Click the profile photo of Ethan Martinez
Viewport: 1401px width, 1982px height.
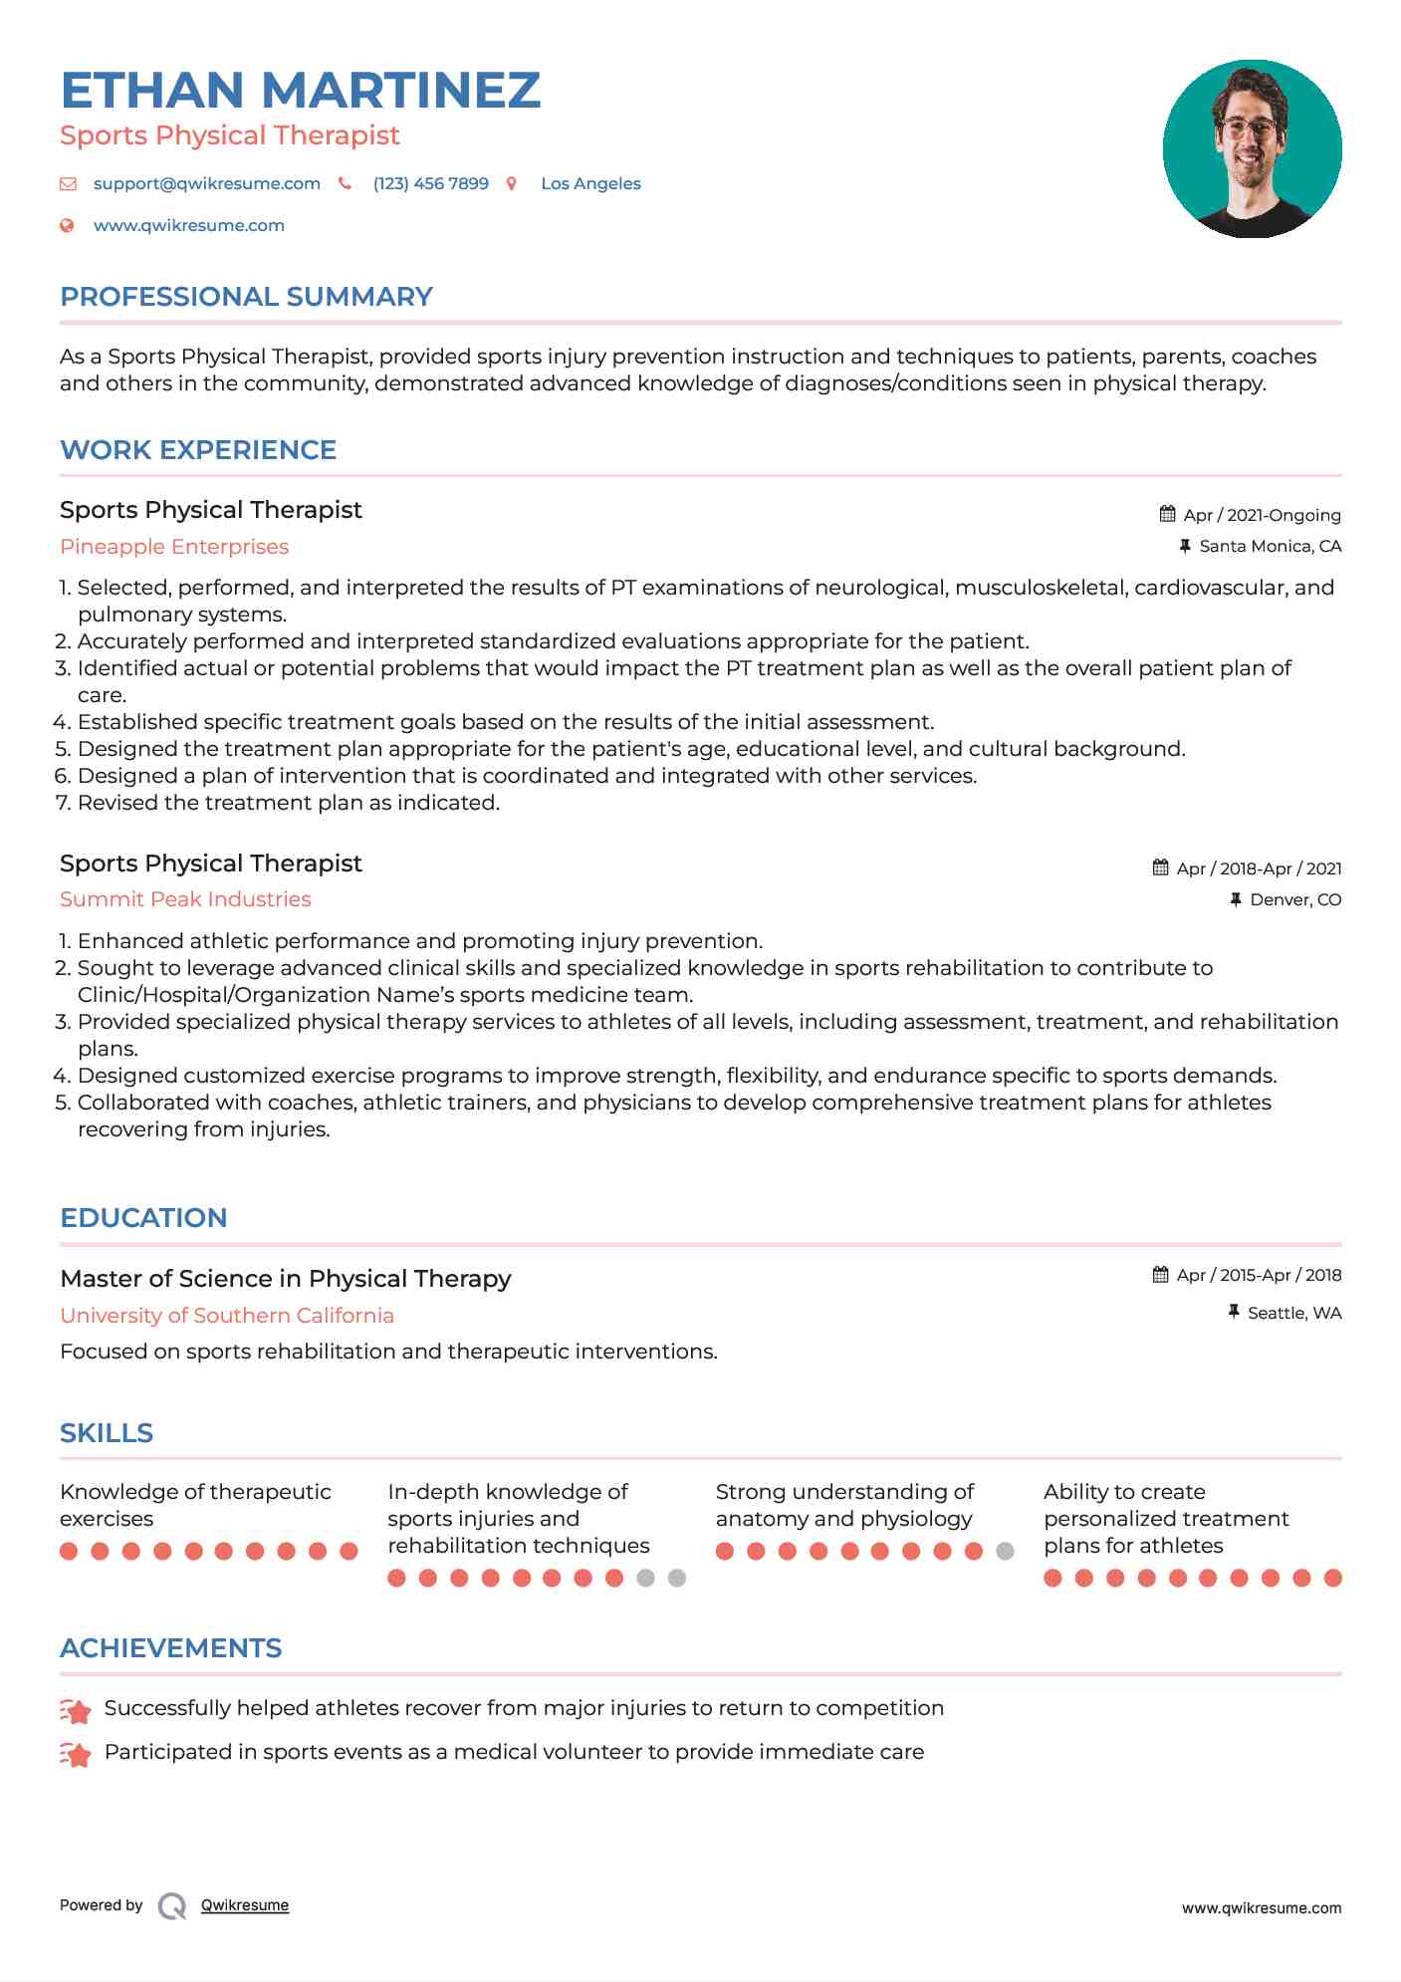(1252, 149)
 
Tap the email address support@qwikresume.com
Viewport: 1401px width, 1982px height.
(206, 183)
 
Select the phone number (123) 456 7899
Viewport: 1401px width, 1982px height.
(430, 183)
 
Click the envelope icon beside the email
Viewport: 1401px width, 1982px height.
(68, 183)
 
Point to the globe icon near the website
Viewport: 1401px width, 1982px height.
(67, 225)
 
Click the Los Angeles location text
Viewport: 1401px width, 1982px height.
(590, 183)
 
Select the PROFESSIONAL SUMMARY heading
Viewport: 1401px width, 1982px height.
(246, 297)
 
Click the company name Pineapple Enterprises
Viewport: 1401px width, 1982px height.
(174, 547)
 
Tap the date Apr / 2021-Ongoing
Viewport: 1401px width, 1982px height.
(1262, 515)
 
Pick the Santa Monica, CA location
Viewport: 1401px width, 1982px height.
(1270, 546)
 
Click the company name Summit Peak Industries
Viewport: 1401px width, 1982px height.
(185, 899)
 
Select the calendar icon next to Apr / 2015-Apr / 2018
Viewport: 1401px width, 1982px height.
(1160, 1275)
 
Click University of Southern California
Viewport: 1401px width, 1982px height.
(227, 1316)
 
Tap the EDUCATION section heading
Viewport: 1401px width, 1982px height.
(143, 1218)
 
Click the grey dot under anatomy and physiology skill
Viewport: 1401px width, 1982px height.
(1005, 1551)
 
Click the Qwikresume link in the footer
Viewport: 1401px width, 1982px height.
(245, 1905)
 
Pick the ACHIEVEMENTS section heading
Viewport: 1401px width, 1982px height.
(170, 1648)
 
